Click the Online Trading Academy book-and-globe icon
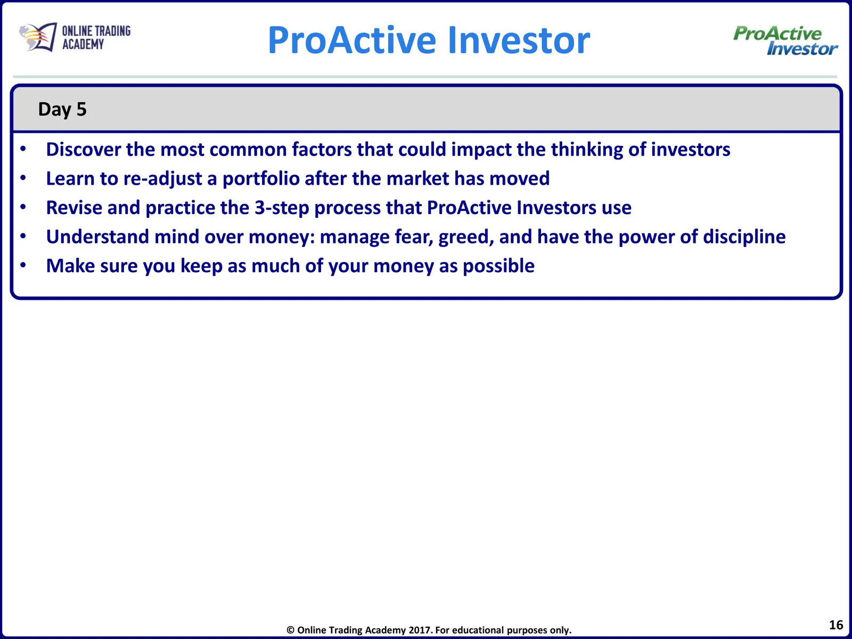38,37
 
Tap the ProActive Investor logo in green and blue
785,40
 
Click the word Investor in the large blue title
519,40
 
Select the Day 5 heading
62,109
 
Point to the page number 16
835,625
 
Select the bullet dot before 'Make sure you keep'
23,265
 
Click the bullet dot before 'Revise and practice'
23,207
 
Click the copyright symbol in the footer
290,630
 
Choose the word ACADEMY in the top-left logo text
83,44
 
